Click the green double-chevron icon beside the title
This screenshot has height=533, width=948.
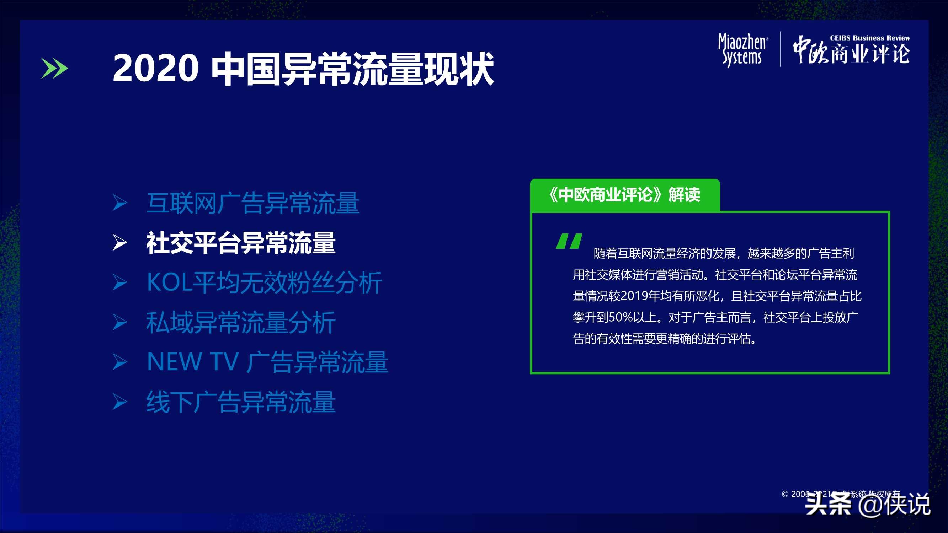click(x=54, y=68)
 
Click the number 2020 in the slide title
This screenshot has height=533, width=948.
click(x=155, y=68)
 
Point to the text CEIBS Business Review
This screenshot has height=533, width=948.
click(x=870, y=38)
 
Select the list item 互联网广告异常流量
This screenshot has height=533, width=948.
click(x=252, y=203)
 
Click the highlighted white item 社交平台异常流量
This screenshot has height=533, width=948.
click(x=241, y=243)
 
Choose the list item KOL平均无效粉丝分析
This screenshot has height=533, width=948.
click(x=264, y=282)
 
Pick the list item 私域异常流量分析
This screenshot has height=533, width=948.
click(x=241, y=323)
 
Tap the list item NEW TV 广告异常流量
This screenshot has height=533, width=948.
click(x=267, y=362)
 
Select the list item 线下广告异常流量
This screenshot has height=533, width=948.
click(x=241, y=402)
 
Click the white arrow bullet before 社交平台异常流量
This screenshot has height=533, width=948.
click(x=119, y=243)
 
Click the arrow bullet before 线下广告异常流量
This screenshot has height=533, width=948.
click(x=119, y=402)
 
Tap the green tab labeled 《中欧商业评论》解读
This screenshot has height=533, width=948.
click(x=624, y=195)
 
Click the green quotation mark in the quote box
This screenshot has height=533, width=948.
click(x=569, y=241)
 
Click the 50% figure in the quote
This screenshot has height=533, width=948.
click(x=621, y=317)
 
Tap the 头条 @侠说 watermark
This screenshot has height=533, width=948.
click(x=867, y=504)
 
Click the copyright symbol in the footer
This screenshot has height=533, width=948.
click(x=785, y=494)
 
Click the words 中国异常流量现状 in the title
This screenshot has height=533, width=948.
click(x=352, y=69)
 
